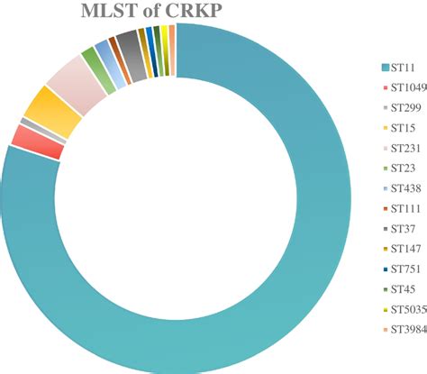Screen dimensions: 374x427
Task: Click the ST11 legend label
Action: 404,68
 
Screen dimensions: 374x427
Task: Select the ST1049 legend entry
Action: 404,87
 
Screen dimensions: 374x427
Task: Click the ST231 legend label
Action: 404,148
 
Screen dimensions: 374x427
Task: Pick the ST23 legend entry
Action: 404,168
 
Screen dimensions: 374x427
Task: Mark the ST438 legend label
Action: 404,187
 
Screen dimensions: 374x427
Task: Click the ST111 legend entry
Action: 404,207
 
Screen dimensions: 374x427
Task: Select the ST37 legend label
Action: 404,227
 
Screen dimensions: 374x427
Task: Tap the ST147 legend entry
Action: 404,247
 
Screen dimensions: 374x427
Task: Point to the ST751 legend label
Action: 404,268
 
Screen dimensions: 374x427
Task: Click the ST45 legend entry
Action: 404,287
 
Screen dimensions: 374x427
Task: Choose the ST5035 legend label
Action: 404,307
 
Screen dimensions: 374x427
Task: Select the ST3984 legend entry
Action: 404,327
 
